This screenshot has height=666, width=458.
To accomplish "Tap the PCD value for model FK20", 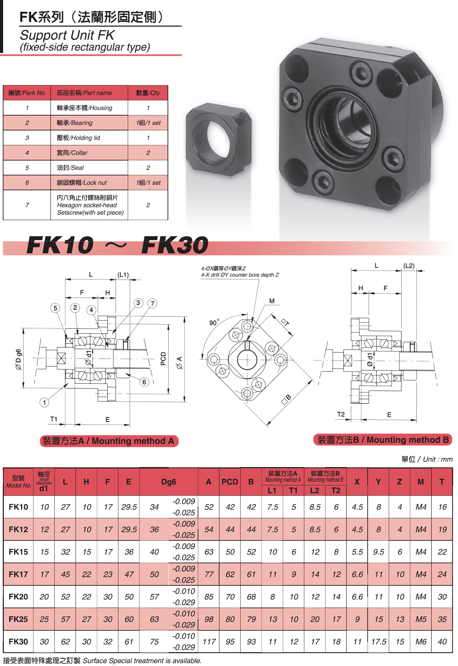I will [230, 596].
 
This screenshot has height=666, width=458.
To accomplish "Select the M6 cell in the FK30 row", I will [421, 641].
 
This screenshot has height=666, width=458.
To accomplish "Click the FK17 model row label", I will [18, 574].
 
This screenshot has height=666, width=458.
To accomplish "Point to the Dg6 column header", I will [169, 482].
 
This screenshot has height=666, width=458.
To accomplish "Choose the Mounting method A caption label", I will [109, 441].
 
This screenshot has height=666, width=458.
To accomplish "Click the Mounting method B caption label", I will [383, 440].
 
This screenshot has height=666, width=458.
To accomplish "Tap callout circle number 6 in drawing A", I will [144, 382].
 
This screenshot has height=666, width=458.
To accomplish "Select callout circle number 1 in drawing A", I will [44, 402].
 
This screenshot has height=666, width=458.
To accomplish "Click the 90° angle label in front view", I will [214, 322].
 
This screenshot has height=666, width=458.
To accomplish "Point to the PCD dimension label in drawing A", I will [163, 359].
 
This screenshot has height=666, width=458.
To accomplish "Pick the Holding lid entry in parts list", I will [78, 138].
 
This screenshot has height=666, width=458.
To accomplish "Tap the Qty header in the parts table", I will [148, 93].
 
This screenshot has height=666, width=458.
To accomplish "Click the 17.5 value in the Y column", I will [378, 641].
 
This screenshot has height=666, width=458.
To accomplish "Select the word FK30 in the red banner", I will [175, 245].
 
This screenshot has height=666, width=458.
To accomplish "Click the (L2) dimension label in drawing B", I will [409, 266].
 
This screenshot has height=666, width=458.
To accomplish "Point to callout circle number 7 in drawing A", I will [152, 303].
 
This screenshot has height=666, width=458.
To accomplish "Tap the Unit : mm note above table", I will [427, 459].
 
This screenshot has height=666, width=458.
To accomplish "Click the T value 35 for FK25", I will [442, 619].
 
